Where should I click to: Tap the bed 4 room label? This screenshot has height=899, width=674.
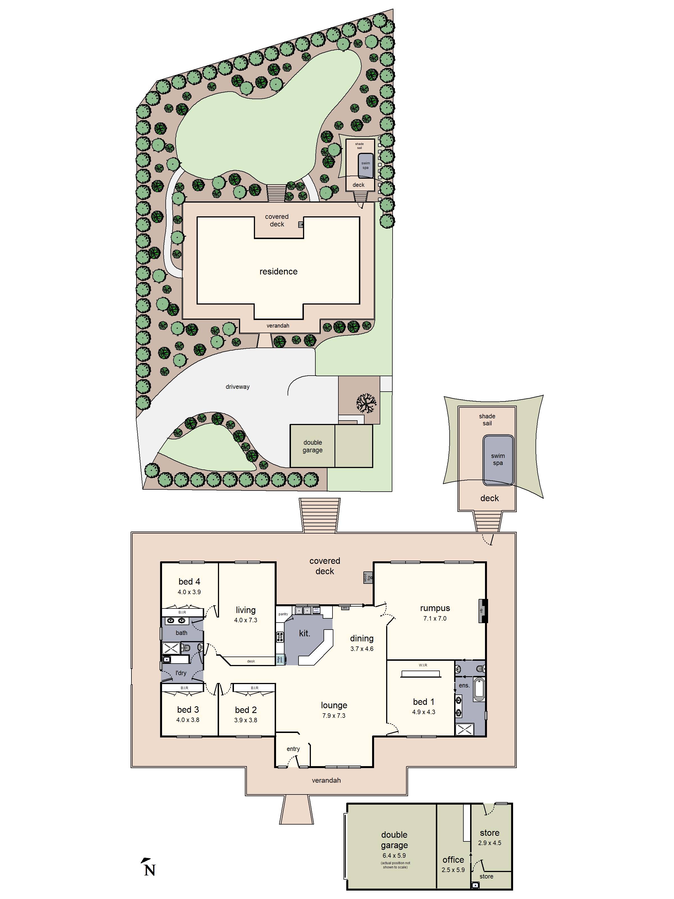(189, 582)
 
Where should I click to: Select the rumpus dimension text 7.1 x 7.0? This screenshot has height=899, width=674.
(435, 619)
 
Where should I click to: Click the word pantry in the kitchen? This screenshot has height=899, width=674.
(283, 614)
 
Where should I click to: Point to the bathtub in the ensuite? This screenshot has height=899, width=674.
(479, 689)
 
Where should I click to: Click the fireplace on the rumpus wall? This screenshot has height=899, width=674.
(483, 611)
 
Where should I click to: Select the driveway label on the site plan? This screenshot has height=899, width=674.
(238, 387)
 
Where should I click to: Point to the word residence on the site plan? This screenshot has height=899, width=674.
(278, 271)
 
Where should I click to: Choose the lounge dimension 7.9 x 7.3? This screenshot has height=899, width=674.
(334, 716)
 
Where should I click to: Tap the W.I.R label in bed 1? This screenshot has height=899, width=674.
(423, 665)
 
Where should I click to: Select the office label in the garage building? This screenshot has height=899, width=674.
(453, 860)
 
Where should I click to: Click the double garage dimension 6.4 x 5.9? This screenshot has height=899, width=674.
(394, 855)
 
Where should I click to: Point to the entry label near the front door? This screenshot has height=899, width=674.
(293, 749)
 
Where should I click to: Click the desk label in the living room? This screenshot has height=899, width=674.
(251, 661)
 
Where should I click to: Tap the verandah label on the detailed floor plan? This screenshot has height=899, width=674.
(326, 780)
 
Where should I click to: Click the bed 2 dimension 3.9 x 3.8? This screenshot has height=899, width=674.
(245, 720)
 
